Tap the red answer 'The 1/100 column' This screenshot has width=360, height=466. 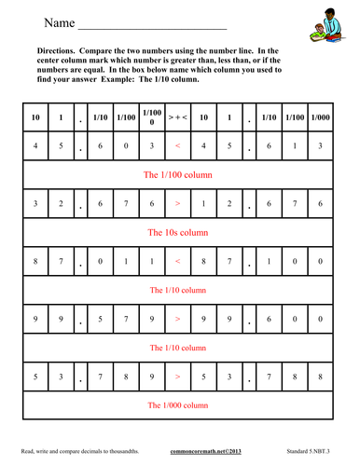pyautogui.click(x=178, y=174)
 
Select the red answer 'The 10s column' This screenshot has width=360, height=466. pyautogui.click(x=178, y=232)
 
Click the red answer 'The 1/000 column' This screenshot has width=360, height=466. pyautogui.click(x=178, y=405)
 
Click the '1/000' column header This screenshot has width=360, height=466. pyautogui.click(x=320, y=117)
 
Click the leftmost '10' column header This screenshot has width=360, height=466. pyautogui.click(x=35, y=117)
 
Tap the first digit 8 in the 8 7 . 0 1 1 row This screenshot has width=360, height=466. pyautogui.click(x=35, y=261)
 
